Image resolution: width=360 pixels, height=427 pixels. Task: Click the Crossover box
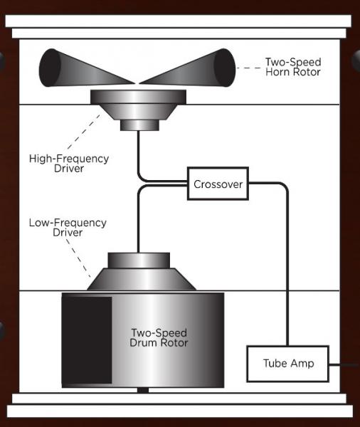tap(218, 184)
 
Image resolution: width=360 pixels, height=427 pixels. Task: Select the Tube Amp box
tap(288, 364)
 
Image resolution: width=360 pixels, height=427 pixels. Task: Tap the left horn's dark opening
tap(50, 68)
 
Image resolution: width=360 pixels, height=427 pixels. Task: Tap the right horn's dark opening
tap(225, 68)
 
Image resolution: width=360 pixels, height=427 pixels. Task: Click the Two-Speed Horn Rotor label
tap(293, 67)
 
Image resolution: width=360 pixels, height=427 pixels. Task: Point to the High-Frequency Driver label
tap(69, 163)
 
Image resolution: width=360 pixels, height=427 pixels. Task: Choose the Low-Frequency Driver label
tap(68, 228)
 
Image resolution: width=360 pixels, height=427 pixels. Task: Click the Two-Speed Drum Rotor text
tap(159, 337)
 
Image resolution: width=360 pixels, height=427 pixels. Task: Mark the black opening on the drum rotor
tap(87, 340)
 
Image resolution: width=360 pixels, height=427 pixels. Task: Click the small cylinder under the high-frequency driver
tap(139, 125)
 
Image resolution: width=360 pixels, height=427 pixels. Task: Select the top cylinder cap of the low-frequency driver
tap(139, 260)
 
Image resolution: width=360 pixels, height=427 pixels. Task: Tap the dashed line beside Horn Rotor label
tap(249, 68)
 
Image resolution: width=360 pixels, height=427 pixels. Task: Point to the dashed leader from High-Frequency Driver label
tap(84, 132)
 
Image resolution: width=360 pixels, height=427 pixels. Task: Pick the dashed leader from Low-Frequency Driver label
tap(78, 258)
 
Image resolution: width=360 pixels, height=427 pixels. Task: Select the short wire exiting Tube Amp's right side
tap(344, 364)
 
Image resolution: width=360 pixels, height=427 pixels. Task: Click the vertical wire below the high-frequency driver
tap(138, 155)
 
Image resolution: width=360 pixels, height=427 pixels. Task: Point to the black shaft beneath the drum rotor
tap(143, 390)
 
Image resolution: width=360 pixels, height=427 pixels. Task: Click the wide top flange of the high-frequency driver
tap(138, 97)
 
